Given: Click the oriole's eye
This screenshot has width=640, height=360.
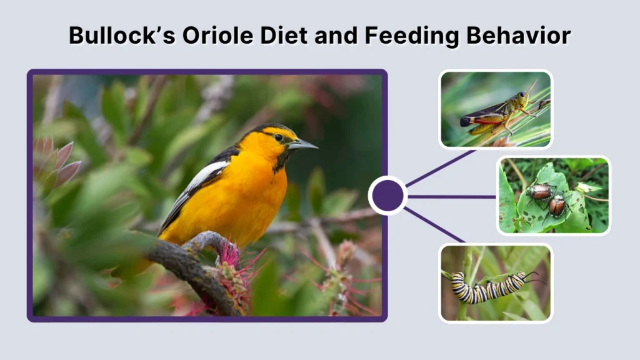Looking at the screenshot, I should click(x=278, y=137).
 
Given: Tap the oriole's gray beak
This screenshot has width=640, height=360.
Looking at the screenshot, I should click(x=302, y=145).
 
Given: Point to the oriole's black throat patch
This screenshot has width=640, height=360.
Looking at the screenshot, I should click(x=279, y=159).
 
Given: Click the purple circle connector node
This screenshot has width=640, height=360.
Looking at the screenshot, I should click(x=387, y=196).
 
